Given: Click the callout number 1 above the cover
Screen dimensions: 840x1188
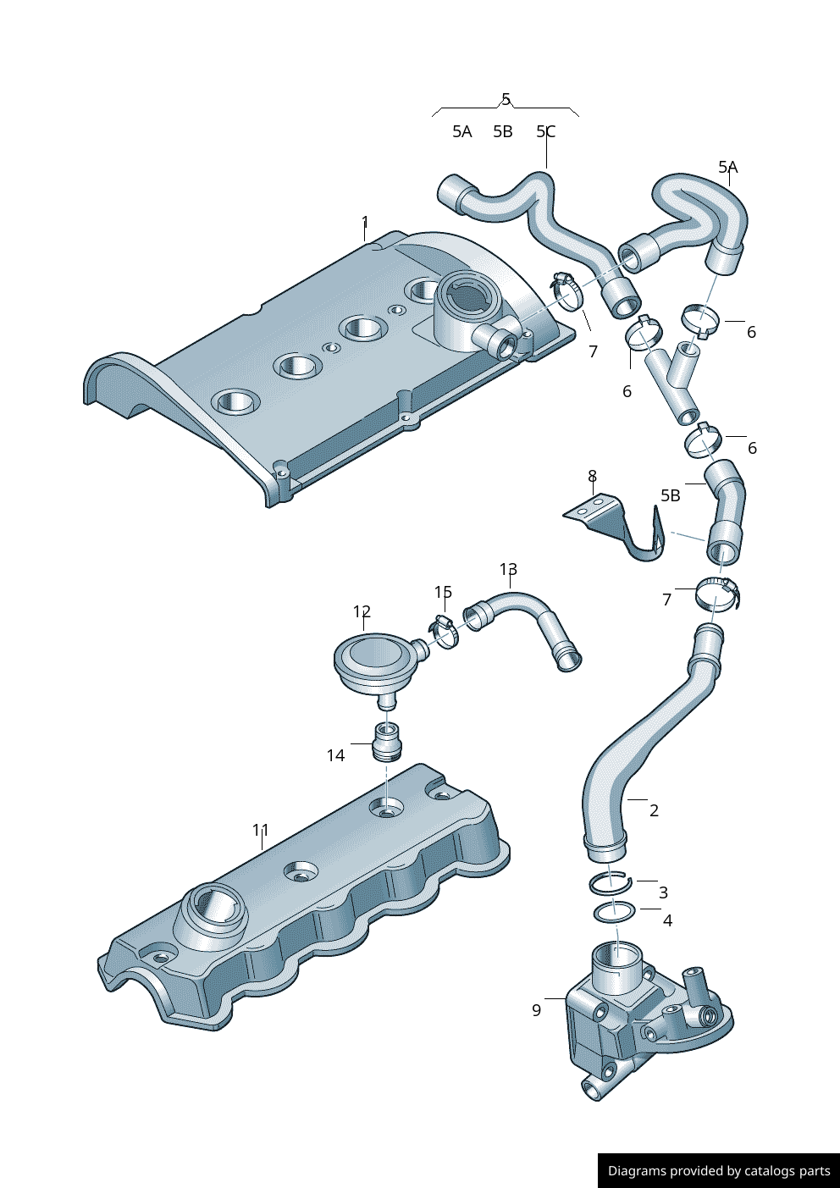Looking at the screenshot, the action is tap(365, 222).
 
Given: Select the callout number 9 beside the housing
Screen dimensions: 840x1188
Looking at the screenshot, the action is tap(536, 1011).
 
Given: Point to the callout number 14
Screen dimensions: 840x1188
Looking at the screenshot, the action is tap(335, 755).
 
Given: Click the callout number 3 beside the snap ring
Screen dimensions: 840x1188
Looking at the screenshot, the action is tap(663, 892).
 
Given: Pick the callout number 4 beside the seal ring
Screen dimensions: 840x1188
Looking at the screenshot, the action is tap(667, 920).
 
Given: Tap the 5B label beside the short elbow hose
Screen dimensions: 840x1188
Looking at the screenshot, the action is tap(671, 495).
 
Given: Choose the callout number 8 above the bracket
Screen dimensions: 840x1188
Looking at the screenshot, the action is tap(593, 476).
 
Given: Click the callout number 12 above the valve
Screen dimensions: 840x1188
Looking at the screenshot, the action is tap(362, 611).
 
